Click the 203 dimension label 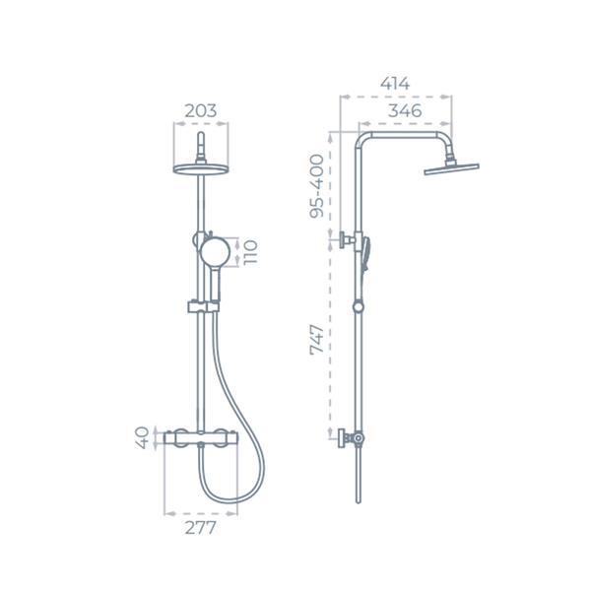point(201,110)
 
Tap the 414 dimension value point(395,84)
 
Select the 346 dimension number point(405,110)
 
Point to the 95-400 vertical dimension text point(316,186)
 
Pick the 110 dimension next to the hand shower point(250,252)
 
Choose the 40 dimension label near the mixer point(142,437)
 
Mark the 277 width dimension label point(201,528)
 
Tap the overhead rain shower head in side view point(451,168)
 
